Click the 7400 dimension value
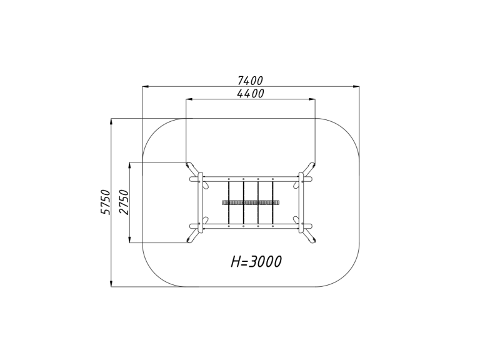point(250,81)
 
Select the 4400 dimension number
point(251,93)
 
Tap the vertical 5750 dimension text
point(105,202)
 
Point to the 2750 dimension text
point(124,202)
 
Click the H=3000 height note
point(256,262)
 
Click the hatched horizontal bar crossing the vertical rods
point(251,202)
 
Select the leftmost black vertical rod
point(229,202)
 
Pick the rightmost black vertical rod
point(272,202)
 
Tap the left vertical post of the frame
point(201,202)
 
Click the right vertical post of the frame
point(301,202)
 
